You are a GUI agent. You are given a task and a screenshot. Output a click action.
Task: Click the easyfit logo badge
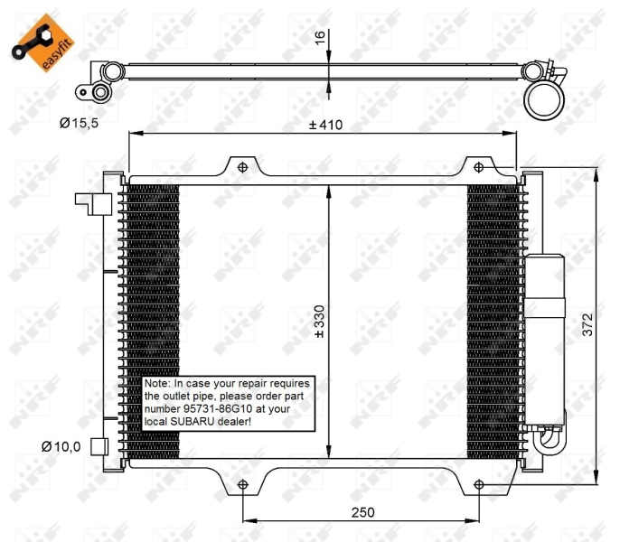35,41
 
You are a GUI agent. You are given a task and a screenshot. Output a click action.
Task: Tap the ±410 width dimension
325,125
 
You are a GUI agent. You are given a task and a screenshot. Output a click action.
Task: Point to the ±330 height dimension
318,322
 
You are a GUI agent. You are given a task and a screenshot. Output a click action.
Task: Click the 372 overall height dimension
588,331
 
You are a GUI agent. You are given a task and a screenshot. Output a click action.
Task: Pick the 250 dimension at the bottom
362,512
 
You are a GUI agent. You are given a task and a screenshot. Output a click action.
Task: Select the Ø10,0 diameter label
61,446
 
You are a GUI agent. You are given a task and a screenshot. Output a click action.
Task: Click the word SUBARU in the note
194,421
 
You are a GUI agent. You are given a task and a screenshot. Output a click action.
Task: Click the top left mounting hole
241,166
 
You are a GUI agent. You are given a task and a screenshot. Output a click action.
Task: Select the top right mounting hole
478,166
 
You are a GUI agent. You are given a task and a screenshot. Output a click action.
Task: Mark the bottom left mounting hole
242,486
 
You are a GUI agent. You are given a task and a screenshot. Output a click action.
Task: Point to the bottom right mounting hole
478,486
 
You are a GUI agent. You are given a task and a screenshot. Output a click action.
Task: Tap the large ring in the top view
545,98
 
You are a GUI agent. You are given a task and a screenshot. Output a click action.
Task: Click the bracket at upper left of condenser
90,204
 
